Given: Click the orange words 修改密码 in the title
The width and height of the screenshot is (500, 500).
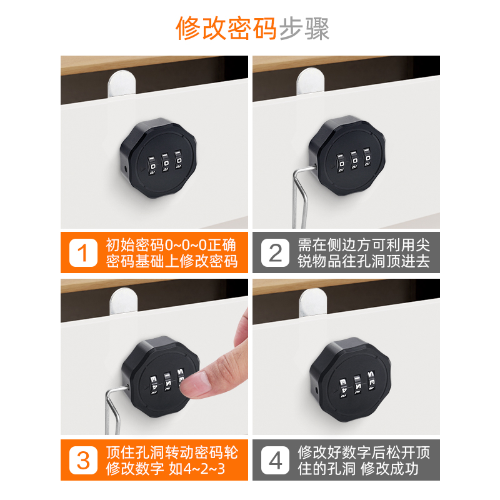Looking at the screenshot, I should (226, 29).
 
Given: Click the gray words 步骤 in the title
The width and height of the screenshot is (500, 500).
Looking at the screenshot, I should (304, 29).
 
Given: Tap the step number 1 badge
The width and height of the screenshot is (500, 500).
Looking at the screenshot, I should (83, 252).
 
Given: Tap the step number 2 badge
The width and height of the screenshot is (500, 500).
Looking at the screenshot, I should (275, 252).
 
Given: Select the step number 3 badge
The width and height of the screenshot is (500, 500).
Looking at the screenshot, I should (83, 460).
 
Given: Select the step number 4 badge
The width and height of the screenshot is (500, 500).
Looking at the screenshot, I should (275, 460).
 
